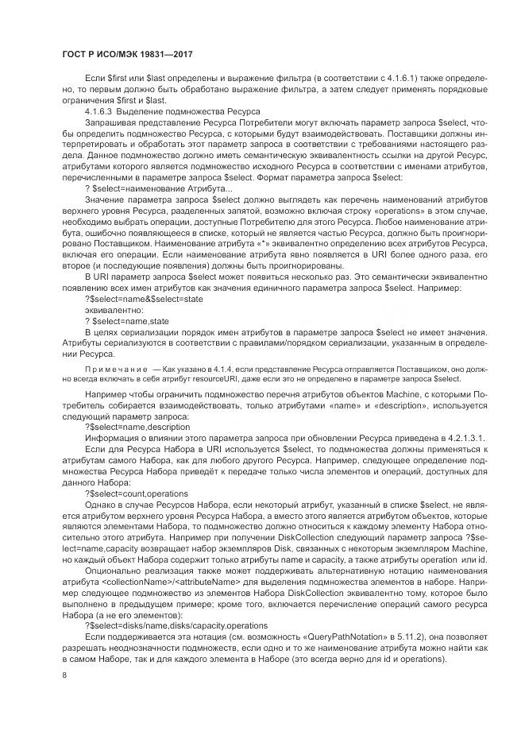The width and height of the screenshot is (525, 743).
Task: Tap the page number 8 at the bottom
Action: (x=64, y=674)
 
